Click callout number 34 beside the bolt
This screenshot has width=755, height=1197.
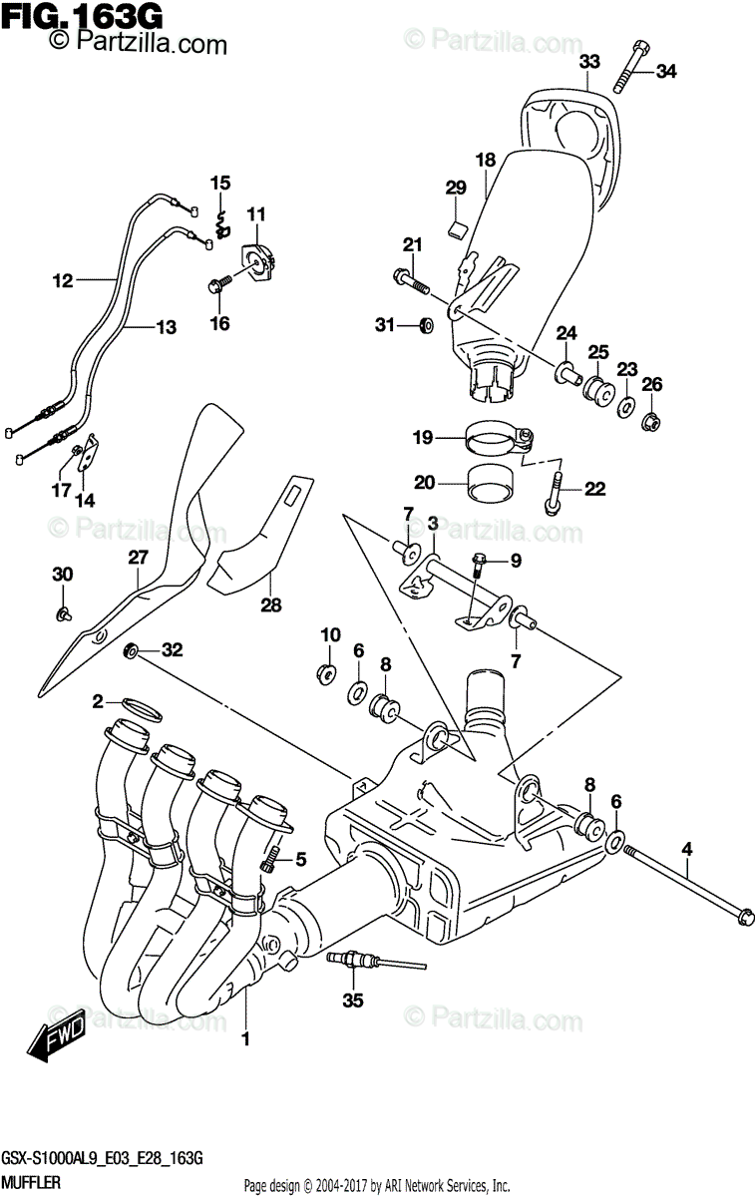(665, 71)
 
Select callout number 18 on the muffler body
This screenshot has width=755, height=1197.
(486, 160)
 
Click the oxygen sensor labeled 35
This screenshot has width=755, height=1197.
(359, 961)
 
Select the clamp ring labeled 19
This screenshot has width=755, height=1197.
(499, 438)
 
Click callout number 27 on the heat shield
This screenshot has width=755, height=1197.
(137, 559)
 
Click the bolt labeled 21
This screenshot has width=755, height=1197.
(411, 277)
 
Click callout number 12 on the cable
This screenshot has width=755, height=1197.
(63, 281)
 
